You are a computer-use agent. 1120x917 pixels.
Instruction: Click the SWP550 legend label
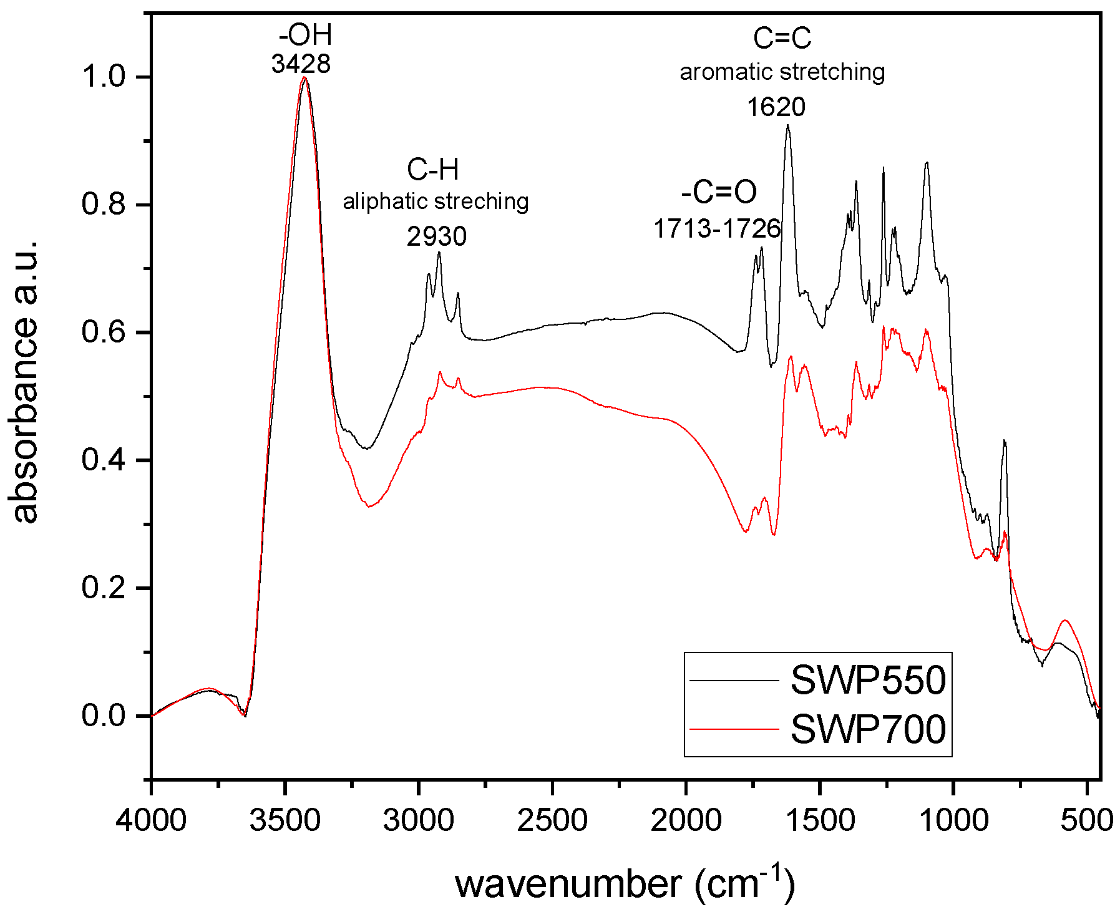click(868, 680)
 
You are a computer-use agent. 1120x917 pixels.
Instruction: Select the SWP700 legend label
click(868, 729)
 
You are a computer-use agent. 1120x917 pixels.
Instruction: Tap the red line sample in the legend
click(734, 729)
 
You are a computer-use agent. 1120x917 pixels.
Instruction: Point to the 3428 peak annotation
click(301, 64)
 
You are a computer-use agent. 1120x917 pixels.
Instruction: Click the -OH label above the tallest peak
click(306, 35)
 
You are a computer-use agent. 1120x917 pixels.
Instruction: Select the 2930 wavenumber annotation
click(436, 236)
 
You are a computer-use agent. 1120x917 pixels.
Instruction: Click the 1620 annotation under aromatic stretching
click(776, 107)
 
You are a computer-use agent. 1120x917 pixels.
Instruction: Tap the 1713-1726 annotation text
click(717, 229)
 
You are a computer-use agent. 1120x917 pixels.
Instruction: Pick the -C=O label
click(719, 193)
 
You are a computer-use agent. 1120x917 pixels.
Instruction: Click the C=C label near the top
click(782, 38)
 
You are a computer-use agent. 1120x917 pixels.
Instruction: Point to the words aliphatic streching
click(436, 201)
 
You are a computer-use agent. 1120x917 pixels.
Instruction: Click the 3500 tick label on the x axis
click(285, 820)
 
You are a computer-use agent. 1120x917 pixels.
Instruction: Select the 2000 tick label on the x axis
click(686, 820)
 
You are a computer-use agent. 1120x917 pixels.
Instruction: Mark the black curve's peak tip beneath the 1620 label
click(787, 125)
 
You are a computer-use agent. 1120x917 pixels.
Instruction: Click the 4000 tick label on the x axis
click(151, 820)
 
